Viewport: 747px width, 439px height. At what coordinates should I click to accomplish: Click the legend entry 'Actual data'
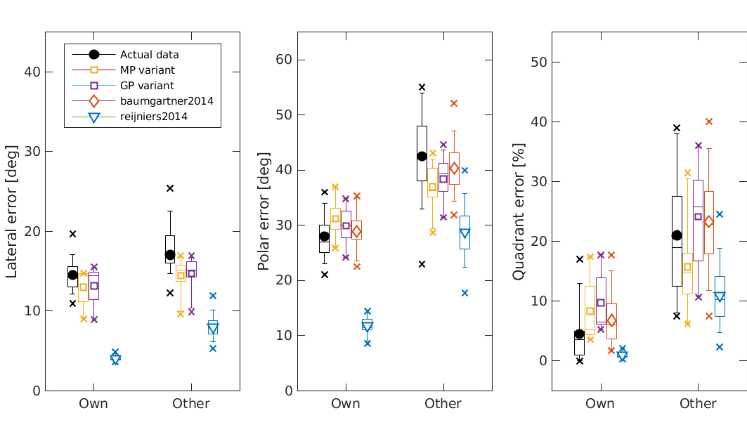149,54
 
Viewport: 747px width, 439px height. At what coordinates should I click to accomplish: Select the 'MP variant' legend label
147,70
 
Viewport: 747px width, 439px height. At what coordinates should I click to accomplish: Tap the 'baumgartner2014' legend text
167,101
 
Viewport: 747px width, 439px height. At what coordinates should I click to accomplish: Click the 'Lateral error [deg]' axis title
12,211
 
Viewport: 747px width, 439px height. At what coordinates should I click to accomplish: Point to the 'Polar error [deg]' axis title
264,211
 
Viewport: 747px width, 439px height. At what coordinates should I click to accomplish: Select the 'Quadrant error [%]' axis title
519,211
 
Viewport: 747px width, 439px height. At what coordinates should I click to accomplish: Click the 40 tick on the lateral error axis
31,72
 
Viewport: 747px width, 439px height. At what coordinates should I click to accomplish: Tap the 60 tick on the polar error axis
283,59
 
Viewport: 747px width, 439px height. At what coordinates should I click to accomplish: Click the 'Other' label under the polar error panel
443,404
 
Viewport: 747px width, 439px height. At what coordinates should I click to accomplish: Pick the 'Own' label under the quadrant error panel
599,404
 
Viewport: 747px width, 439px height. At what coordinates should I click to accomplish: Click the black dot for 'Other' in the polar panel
422,156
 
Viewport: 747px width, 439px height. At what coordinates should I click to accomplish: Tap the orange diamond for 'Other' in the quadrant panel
708,221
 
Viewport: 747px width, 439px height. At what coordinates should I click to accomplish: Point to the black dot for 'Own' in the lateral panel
72,275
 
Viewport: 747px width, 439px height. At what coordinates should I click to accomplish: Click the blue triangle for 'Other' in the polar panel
464,232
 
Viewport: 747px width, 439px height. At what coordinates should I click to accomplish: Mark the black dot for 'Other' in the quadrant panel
677,235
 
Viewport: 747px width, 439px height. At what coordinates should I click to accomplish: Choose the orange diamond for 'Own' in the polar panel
356,231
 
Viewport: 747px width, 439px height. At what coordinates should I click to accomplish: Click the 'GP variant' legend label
146,85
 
